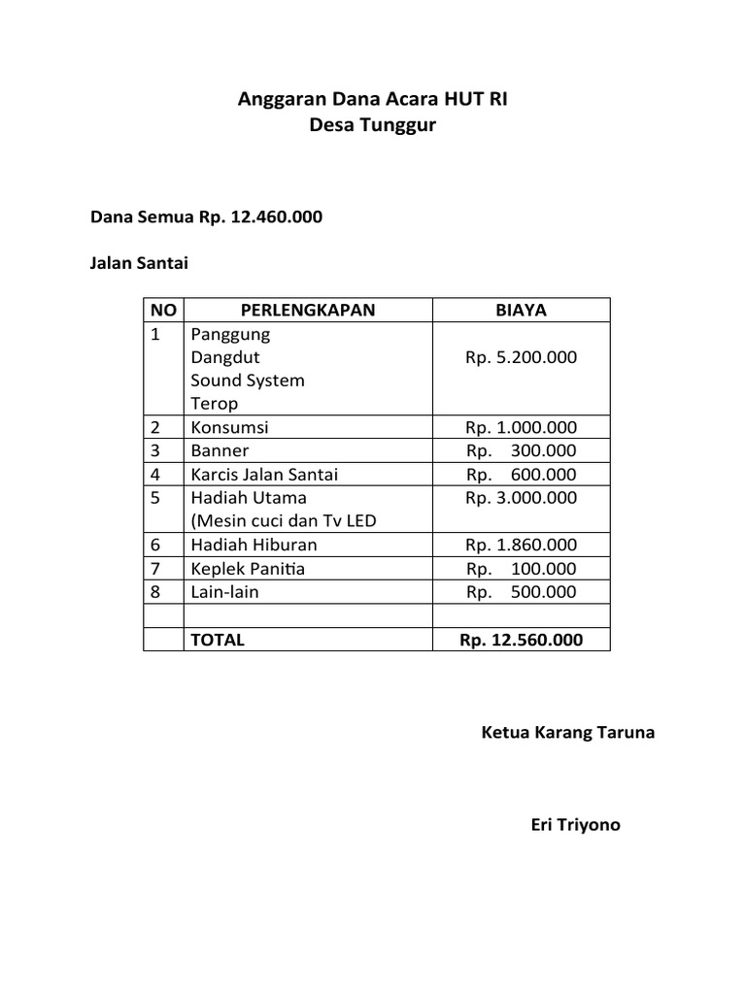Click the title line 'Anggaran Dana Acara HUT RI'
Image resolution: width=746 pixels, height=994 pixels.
pos(373,99)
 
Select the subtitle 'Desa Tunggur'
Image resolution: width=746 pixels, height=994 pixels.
pos(373,124)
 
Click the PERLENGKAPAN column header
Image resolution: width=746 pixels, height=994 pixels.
pos(307,310)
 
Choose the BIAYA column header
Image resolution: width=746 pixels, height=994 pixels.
pos(521,310)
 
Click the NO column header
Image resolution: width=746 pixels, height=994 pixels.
pos(163,310)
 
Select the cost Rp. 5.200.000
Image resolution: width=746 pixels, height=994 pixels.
pos(521,357)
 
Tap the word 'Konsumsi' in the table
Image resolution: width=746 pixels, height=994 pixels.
pos(230,427)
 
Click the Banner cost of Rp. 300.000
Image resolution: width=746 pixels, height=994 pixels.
pos(521,450)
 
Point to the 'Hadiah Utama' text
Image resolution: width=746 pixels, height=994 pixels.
pos(249,498)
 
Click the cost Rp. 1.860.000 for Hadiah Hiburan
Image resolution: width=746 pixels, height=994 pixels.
pos(521,545)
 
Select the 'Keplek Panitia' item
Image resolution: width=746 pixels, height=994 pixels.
pos(248,569)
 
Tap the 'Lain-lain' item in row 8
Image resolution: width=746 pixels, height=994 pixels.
pos(225,592)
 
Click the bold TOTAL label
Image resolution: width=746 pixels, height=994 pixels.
pos(218,640)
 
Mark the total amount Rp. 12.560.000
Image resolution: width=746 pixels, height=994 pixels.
pos(521,640)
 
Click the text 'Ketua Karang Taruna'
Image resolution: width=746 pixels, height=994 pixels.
pos(567,732)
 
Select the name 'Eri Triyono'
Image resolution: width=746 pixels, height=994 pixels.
pos(575,825)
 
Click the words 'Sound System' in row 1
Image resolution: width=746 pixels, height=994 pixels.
pos(248,381)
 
